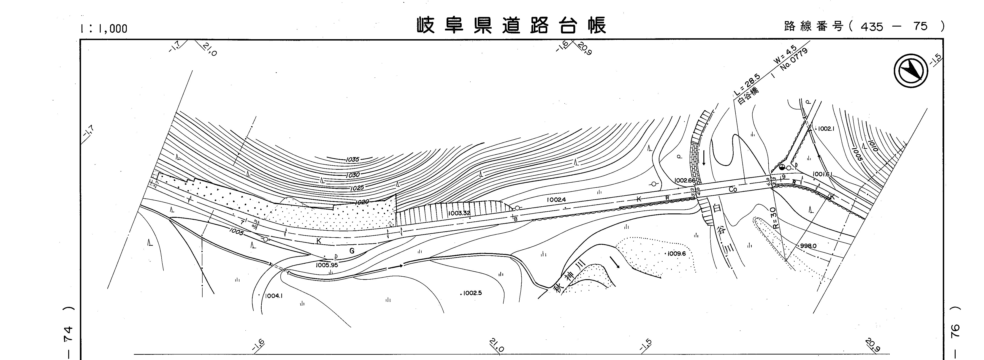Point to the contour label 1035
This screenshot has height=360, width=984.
(352, 159)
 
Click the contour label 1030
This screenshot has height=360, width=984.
(352, 175)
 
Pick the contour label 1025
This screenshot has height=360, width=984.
(356, 188)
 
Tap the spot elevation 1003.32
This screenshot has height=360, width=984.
(460, 213)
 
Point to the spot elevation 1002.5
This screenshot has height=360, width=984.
(472, 293)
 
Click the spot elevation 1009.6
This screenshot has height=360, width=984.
(677, 253)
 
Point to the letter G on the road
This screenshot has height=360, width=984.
(352, 251)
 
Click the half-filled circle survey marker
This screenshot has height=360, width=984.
(782, 167)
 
